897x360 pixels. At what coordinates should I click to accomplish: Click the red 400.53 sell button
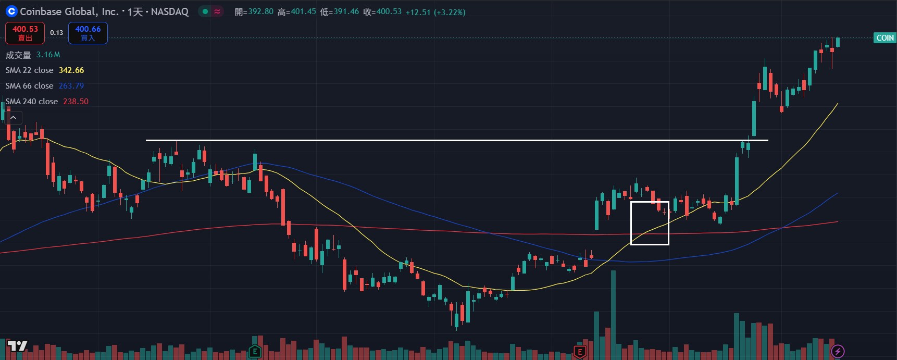(25, 33)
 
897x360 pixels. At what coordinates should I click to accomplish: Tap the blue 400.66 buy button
(88, 33)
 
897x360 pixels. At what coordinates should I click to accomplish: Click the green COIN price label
(884, 38)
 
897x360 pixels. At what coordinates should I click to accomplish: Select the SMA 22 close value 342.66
(71, 70)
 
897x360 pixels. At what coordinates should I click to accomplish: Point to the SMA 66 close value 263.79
(71, 86)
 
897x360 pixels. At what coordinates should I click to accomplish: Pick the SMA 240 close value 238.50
(76, 102)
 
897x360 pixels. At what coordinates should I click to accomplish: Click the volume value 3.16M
(48, 55)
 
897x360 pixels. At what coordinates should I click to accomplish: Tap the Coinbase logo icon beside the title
(11, 11)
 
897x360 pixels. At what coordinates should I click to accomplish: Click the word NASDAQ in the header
(170, 12)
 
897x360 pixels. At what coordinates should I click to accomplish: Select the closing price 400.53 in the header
(389, 11)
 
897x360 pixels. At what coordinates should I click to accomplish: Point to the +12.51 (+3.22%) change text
(435, 12)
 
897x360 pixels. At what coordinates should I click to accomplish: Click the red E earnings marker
(579, 352)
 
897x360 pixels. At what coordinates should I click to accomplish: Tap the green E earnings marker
(255, 352)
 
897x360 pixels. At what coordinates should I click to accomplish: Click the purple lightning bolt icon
(838, 351)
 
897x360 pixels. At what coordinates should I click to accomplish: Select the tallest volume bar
(613, 313)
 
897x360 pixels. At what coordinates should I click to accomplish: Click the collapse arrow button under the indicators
(14, 118)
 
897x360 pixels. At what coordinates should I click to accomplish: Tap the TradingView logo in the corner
(17, 346)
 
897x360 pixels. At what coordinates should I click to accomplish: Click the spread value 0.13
(56, 33)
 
